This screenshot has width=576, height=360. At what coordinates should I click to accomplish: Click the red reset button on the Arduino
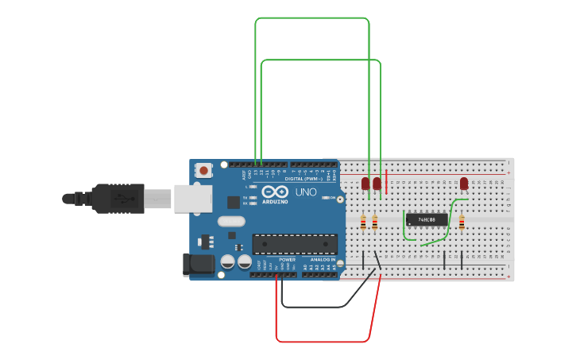coord(204,170)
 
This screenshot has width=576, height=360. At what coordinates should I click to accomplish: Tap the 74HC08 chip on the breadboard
coord(421,219)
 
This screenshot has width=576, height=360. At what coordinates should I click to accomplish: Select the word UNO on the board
coord(306,193)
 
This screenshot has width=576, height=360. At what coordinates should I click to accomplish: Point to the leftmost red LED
coord(365,184)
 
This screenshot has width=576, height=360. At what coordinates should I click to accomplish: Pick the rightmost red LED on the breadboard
coord(464,184)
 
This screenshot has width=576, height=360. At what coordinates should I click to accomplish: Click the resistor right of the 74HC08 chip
coord(462,223)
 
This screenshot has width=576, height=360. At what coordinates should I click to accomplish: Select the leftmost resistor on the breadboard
coord(363,223)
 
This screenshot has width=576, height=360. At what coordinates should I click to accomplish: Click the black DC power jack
coord(198,265)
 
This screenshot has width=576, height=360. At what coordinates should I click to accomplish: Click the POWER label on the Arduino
coord(288,260)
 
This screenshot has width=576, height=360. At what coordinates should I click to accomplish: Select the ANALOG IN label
coord(322,260)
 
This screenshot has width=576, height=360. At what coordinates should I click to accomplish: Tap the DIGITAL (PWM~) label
coord(303,178)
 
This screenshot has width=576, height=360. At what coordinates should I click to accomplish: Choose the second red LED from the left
coord(377,184)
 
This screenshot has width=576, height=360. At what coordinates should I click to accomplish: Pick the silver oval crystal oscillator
coord(230,222)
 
